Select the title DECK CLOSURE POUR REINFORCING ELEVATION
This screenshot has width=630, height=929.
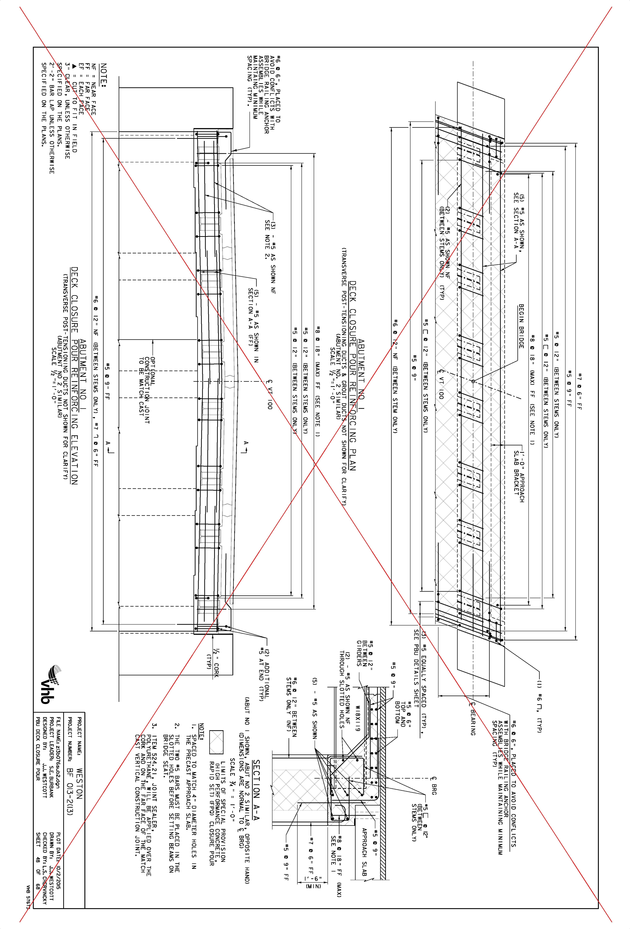coord(74,376)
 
